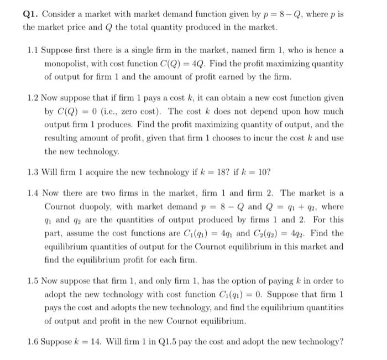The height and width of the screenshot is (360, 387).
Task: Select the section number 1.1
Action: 33,51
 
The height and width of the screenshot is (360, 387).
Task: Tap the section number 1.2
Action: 33,98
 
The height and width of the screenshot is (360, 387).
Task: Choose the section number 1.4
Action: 33,193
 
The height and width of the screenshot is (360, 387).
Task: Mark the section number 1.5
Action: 33,281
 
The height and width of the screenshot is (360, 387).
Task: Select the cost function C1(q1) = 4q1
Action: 213,233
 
